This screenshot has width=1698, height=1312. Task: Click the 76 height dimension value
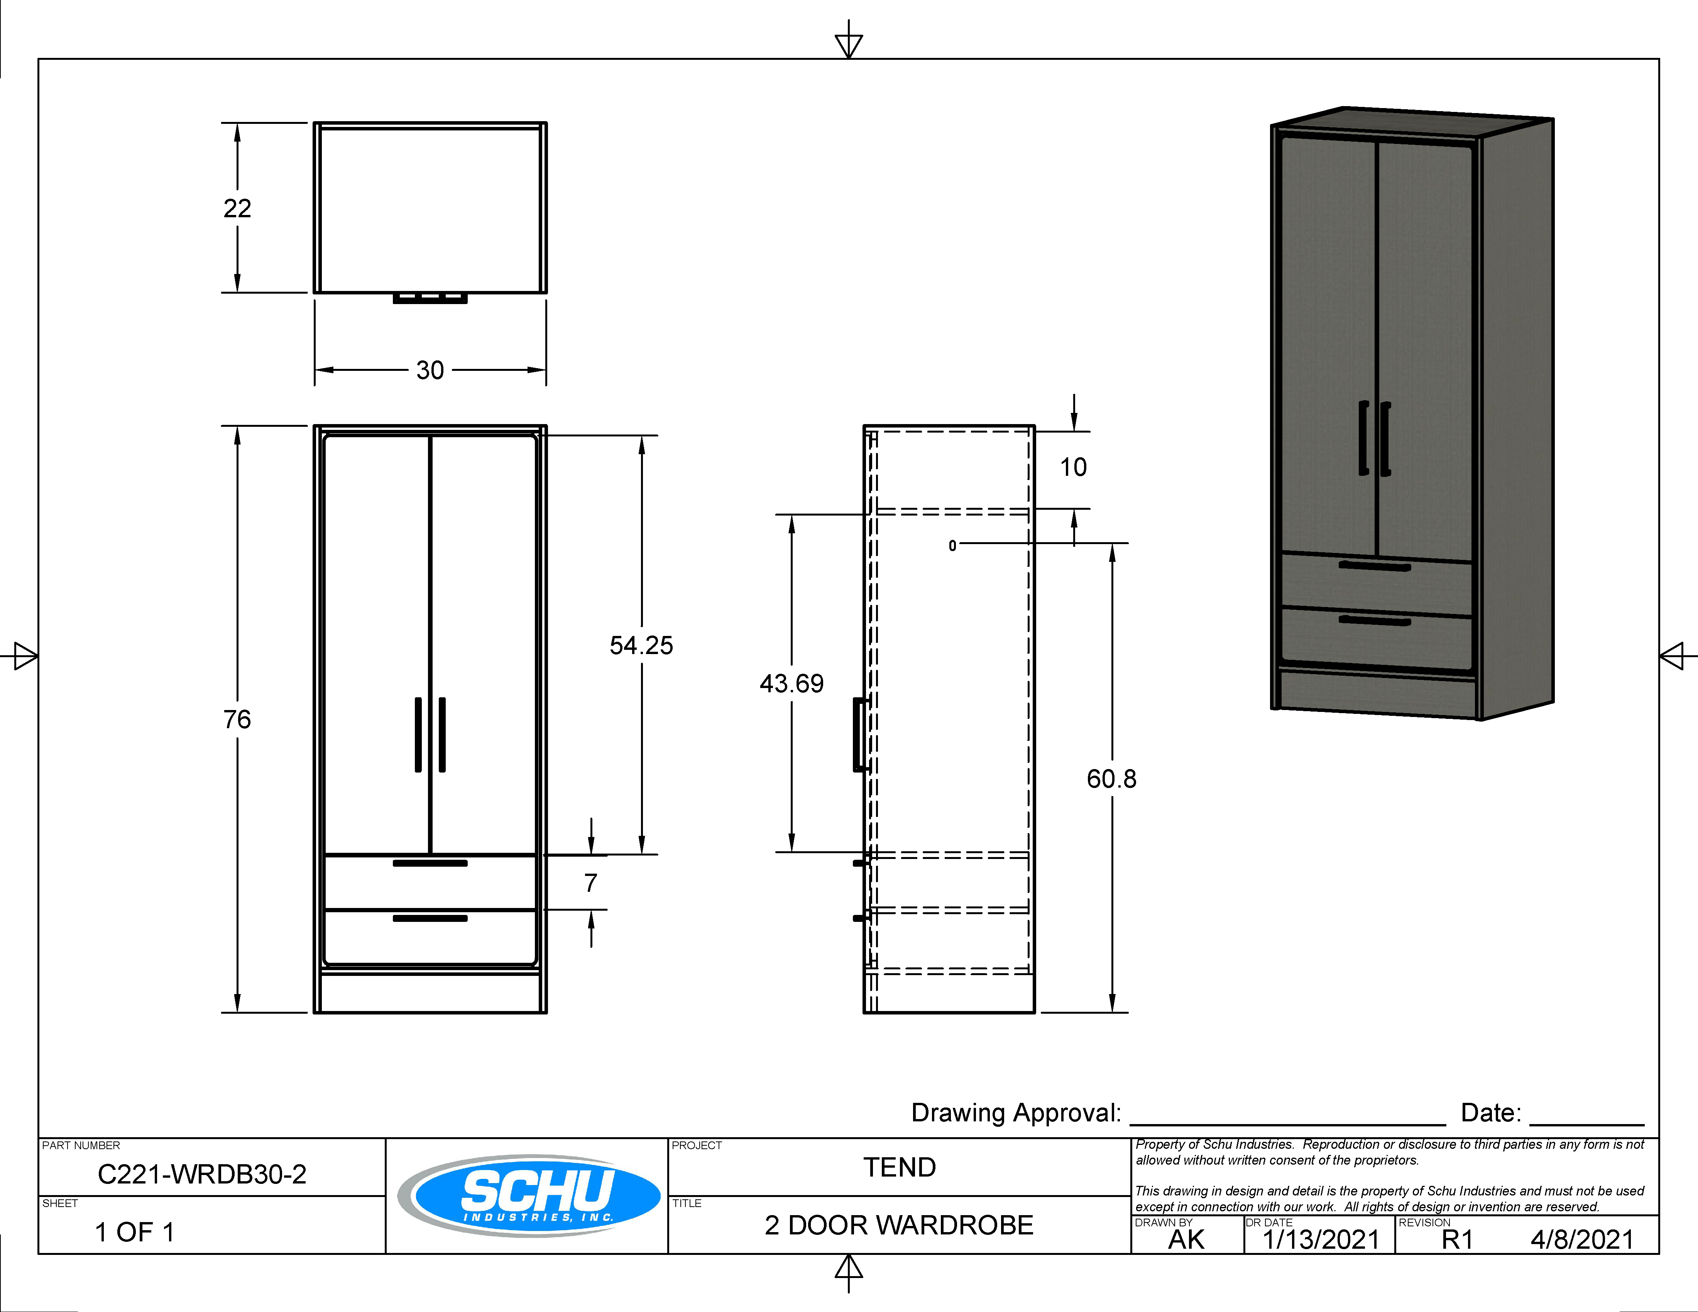pos(237,720)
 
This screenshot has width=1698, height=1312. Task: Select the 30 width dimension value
pos(430,370)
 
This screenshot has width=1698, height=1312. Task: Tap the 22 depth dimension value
pos(237,208)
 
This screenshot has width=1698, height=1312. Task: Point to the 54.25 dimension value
pos(641,645)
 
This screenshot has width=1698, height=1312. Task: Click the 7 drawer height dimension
pos(591,883)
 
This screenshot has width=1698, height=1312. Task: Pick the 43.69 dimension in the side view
pos(791,684)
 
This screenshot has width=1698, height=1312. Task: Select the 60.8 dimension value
pos(1112,779)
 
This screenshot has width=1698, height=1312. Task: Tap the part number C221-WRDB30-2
pos(202,1173)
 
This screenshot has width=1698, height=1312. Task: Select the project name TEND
pos(900,1167)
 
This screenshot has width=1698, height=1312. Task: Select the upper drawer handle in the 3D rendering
pos(1375,566)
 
